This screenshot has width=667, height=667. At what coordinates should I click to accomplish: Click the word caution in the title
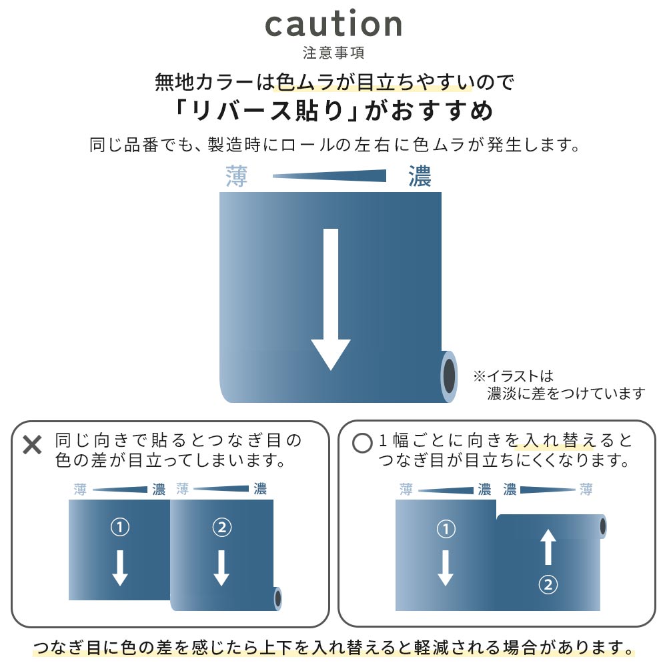[x=333, y=24]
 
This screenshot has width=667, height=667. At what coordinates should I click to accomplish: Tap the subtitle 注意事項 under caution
[x=333, y=53]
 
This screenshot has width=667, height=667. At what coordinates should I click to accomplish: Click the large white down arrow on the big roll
[x=331, y=299]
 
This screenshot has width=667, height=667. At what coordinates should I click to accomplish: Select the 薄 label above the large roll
[x=237, y=176]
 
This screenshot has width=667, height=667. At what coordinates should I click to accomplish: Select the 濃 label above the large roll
[x=420, y=176]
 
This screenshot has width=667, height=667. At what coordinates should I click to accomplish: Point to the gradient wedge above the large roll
[x=329, y=175]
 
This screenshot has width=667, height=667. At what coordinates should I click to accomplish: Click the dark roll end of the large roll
[x=449, y=376]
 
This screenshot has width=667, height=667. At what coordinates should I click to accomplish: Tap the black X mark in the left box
[x=32, y=445]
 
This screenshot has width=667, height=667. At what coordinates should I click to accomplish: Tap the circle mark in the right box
[x=362, y=443]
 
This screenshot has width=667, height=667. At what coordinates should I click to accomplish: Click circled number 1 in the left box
[x=120, y=528]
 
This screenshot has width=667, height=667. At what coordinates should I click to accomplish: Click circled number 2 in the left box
[x=221, y=528]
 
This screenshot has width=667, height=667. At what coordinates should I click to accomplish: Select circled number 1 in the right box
[x=446, y=529]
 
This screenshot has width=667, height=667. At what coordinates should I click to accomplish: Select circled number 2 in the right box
[x=548, y=584]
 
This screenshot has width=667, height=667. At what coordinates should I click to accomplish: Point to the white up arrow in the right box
[x=548, y=547]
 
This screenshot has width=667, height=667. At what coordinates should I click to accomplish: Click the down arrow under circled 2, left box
[x=221, y=568]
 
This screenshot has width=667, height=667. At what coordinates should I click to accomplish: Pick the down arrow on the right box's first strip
[x=446, y=568]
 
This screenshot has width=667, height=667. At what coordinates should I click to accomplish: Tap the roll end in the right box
[x=603, y=527]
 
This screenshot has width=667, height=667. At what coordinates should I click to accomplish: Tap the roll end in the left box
[x=277, y=599]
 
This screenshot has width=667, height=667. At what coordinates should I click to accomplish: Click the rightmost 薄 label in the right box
[x=586, y=489]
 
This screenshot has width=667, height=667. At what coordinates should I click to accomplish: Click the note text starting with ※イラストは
[x=559, y=385]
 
